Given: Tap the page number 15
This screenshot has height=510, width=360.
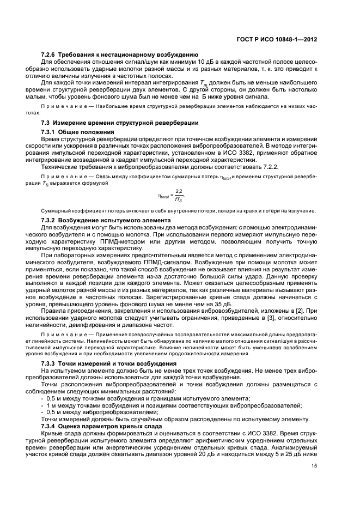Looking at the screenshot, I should (x=314, y=465).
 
